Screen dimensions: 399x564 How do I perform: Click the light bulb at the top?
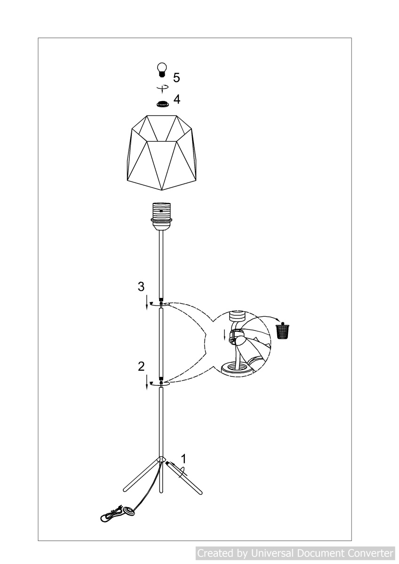[x=161, y=70]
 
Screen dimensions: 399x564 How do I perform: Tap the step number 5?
[x=176, y=78]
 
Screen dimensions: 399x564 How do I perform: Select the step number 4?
[x=177, y=100]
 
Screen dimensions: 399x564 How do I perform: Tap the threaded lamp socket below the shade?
[x=161, y=215]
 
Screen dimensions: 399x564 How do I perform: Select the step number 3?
[x=141, y=287]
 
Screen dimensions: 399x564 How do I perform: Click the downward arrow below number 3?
[x=147, y=302]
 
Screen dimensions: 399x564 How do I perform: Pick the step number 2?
[x=142, y=367]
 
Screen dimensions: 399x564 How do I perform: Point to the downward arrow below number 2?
[x=147, y=382]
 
